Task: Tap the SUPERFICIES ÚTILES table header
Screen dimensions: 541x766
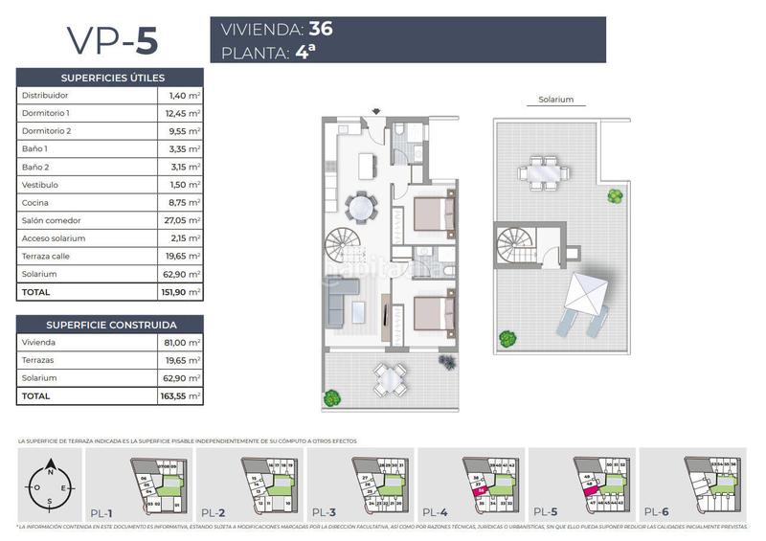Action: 111,78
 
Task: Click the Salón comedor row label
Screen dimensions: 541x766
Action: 49,220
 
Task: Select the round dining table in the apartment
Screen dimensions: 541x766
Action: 360,206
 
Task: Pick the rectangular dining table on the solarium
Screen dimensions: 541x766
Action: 542,174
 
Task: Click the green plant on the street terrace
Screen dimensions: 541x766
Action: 332,397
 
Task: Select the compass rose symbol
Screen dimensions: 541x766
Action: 49,485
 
